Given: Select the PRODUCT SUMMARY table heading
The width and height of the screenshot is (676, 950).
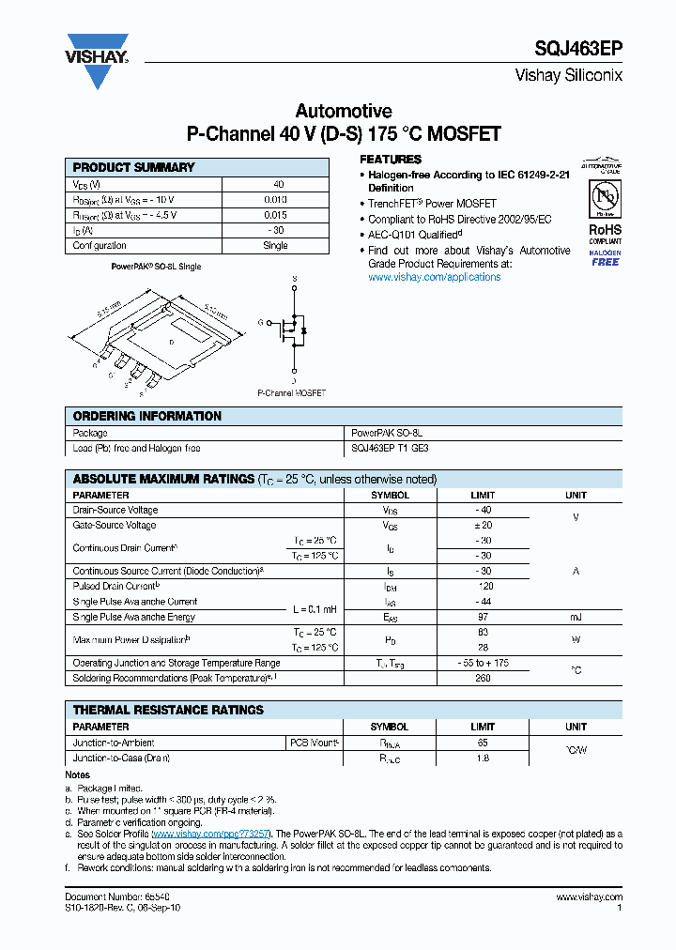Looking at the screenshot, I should click(x=134, y=167).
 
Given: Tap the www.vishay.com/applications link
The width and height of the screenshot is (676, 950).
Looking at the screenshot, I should click(x=434, y=277).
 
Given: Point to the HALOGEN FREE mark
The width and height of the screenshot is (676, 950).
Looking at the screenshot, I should click(x=605, y=258).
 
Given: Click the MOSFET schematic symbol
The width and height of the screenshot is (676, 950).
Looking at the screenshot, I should click(x=293, y=329).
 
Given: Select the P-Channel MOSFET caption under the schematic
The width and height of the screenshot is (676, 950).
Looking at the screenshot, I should click(x=291, y=393).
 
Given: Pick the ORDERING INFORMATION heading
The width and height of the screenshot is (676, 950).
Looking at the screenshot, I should click(x=147, y=416).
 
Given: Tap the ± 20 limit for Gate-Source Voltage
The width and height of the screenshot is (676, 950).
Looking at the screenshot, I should click(x=483, y=526).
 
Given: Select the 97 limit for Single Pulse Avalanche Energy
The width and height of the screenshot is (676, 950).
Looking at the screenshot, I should click(x=483, y=617).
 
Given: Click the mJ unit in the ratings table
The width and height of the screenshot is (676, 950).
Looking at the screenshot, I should click(x=576, y=617).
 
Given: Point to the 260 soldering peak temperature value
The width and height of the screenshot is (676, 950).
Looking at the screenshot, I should click(x=483, y=678).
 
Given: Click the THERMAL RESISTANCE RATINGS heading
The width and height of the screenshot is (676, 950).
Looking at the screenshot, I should click(x=168, y=710).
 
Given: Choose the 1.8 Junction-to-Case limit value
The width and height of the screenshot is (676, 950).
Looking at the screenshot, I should click(x=483, y=758).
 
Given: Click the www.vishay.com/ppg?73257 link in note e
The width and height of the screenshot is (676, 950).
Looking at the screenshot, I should click(x=211, y=834).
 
